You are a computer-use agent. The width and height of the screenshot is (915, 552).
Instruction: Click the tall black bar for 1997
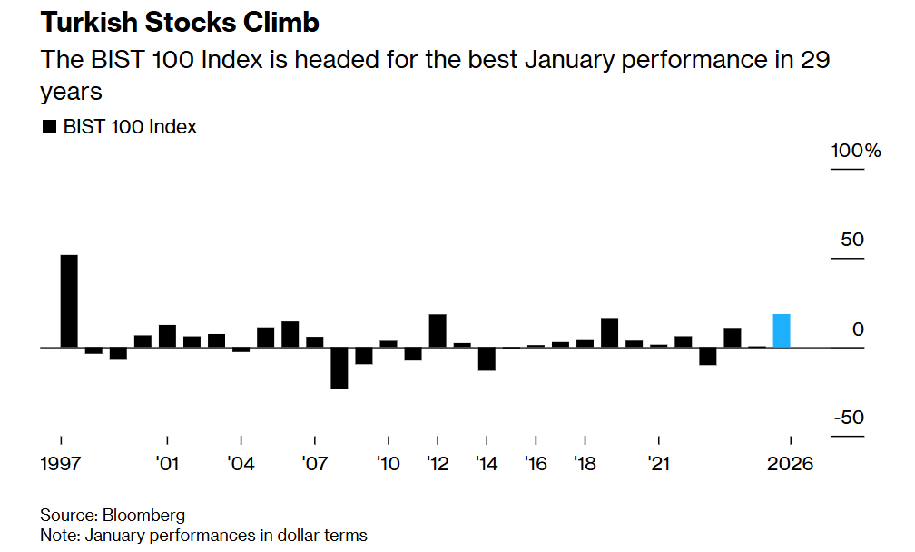[x=69, y=301]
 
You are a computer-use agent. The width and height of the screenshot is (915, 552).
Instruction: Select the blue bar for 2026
[x=782, y=330]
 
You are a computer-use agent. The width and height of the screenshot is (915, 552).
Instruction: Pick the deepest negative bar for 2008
[x=339, y=368]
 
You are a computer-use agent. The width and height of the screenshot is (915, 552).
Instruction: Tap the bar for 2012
[x=438, y=330]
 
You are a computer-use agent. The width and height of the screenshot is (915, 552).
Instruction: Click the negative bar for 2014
[x=487, y=359]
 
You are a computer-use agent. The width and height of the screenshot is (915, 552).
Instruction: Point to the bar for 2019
[x=610, y=332]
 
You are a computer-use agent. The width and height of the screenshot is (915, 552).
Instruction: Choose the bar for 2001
[x=167, y=336]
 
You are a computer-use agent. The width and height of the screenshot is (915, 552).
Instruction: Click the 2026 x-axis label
[x=790, y=464]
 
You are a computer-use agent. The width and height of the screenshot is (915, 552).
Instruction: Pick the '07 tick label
[x=314, y=464]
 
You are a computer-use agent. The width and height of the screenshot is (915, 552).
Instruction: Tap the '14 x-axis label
[x=486, y=464]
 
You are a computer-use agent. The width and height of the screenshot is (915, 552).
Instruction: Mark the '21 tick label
[x=658, y=464]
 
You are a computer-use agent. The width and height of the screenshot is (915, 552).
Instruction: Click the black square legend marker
[x=49, y=127]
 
